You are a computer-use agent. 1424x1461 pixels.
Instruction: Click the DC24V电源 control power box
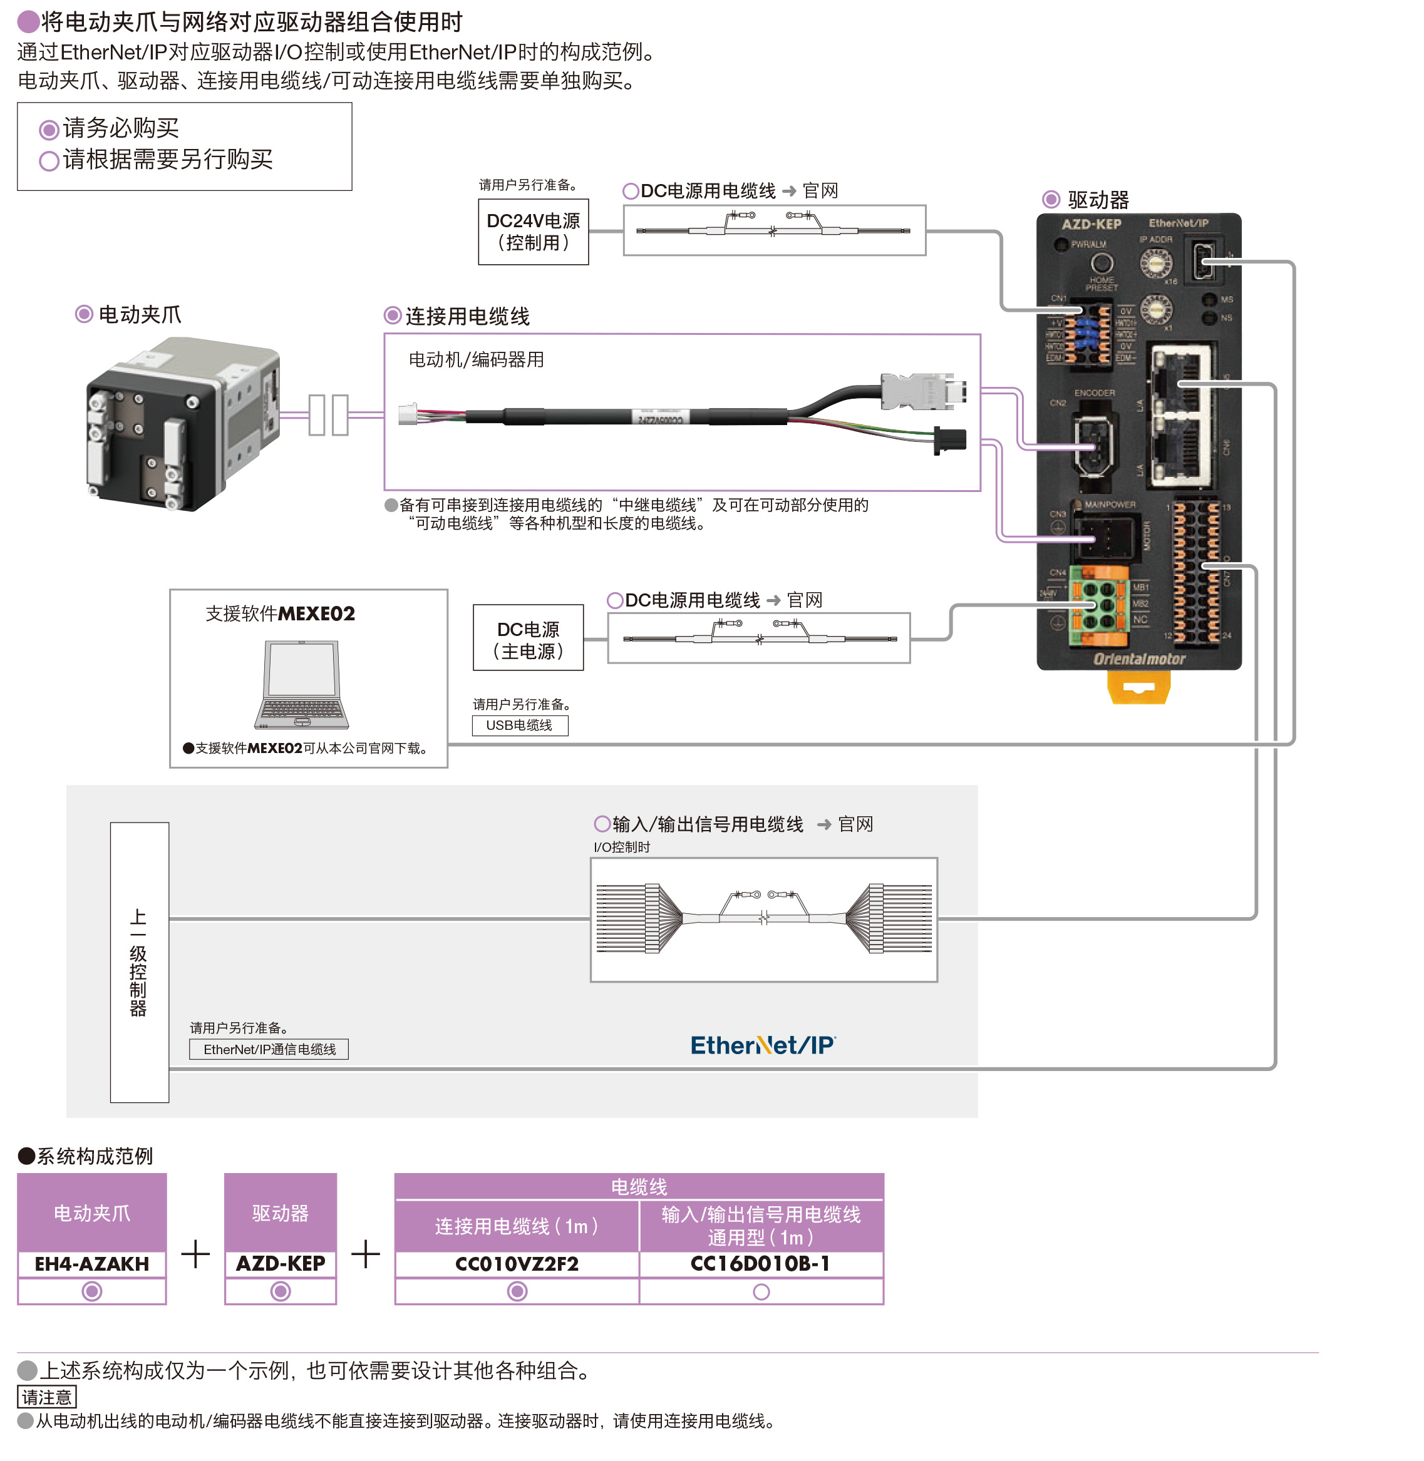click(x=534, y=232)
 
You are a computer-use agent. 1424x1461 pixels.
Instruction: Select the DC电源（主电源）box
click(x=528, y=640)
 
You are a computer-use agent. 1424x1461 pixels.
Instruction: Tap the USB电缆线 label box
click(x=520, y=725)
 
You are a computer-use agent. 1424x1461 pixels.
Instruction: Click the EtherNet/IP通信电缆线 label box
click(x=269, y=1049)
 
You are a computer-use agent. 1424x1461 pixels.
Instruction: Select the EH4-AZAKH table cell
click(x=92, y=1264)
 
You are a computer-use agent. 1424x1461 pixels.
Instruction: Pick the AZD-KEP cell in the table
click(x=281, y=1264)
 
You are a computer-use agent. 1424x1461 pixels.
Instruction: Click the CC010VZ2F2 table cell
click(x=517, y=1264)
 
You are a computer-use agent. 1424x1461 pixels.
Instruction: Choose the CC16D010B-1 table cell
click(x=761, y=1264)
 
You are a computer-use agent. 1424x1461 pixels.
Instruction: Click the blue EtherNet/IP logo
click(x=763, y=1045)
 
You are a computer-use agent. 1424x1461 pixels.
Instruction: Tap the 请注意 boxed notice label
click(x=46, y=1397)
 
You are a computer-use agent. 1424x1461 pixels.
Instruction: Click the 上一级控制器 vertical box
click(x=139, y=962)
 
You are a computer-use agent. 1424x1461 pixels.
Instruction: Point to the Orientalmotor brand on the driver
click(x=1139, y=659)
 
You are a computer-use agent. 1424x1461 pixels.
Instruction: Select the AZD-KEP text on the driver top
click(x=1091, y=223)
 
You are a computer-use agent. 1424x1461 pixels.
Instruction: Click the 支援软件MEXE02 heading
click(x=281, y=614)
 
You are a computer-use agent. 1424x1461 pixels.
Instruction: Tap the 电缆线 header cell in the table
click(x=639, y=1187)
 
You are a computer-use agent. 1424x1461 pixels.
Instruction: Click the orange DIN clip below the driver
click(x=1138, y=687)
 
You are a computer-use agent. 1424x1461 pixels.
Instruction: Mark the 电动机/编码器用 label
click(x=477, y=360)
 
